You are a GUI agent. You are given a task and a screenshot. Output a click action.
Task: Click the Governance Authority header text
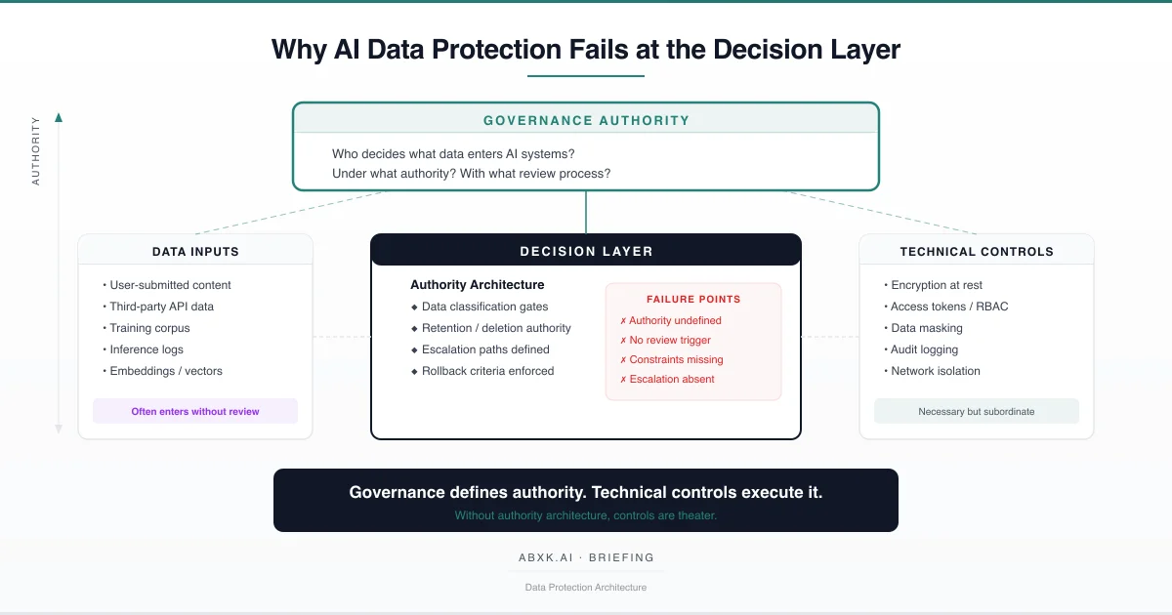[586, 121]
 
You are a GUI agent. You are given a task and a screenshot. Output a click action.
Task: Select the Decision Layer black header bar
[586, 251]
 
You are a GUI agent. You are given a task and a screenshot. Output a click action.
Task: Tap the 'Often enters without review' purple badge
[195, 411]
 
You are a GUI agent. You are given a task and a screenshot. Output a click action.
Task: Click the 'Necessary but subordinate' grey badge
[976, 411]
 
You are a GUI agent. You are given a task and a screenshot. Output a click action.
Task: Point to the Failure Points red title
[693, 300]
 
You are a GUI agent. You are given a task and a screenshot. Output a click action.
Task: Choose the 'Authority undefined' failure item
[675, 320]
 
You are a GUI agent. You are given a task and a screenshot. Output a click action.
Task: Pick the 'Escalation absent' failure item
[671, 379]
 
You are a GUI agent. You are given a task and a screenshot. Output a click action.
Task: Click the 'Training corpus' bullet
[149, 328]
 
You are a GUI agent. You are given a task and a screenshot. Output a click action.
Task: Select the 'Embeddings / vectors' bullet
[166, 371]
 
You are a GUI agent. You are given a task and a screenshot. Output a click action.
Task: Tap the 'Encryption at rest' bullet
[936, 285]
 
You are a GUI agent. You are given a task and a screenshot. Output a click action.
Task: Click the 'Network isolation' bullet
[935, 371]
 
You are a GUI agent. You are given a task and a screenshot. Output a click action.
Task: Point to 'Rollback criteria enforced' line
[487, 371]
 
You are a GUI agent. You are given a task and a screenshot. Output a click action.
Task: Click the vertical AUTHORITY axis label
[36, 151]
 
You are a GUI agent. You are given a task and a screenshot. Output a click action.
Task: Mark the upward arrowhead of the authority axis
[59, 118]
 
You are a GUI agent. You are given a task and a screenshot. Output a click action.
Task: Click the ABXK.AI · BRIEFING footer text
[586, 558]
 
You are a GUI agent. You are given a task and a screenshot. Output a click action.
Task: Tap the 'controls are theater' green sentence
[586, 514]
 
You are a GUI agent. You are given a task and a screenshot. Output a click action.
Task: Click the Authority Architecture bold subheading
[477, 285]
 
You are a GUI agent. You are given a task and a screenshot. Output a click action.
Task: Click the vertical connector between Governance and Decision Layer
[586, 212]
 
